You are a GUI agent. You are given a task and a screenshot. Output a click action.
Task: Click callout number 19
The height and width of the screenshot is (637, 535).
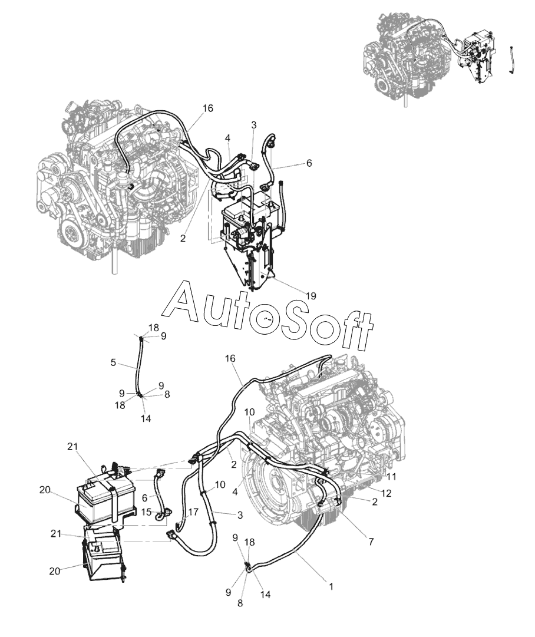[x=311, y=296]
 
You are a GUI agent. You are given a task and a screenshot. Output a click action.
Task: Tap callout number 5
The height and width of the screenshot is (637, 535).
[x=113, y=362]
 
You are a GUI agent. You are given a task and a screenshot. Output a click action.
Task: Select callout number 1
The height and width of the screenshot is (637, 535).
[x=331, y=586]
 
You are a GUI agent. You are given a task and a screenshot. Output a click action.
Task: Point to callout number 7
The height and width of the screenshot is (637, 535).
[x=371, y=541]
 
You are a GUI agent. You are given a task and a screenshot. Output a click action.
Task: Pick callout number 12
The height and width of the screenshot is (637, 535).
[x=387, y=493]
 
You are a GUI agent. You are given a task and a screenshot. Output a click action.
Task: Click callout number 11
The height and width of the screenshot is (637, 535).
[x=391, y=476]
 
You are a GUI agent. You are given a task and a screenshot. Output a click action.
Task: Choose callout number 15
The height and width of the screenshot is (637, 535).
[x=147, y=512]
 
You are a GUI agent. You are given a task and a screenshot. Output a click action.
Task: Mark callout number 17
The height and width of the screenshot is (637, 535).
[x=193, y=512]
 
